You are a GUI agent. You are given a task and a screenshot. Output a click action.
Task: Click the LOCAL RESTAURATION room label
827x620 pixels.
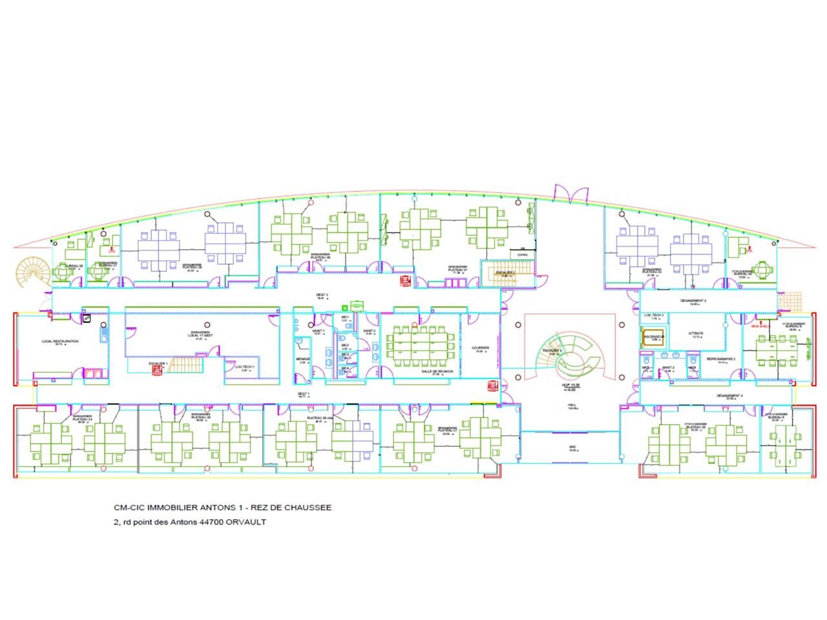coord(60,341)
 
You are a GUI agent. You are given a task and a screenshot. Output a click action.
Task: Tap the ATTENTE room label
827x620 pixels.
coord(695,334)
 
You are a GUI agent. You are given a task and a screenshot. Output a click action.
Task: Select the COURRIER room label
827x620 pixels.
coord(480,348)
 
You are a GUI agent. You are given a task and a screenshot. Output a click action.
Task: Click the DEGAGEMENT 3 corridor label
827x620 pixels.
coord(693,301)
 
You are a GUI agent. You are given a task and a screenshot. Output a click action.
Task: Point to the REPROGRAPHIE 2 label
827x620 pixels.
coord(720,358)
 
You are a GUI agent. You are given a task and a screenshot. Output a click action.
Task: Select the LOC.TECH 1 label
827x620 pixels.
coord(244,367)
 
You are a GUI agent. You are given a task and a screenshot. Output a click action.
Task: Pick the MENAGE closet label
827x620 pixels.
coord(304,359)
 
